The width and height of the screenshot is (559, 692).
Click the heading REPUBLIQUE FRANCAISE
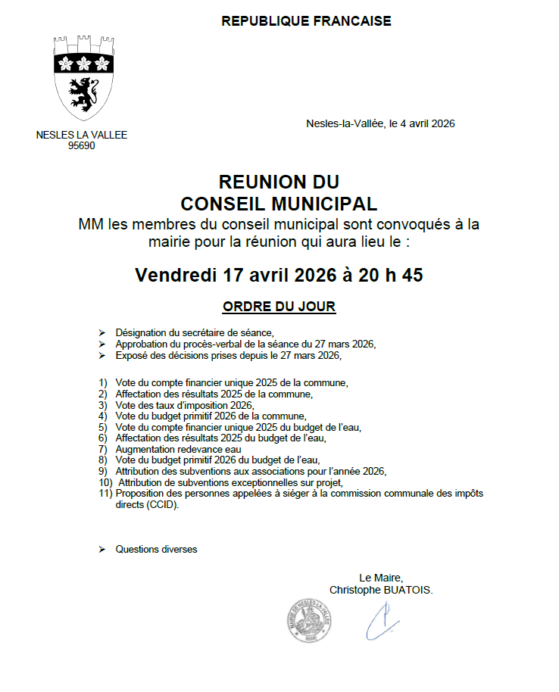(x=306, y=21)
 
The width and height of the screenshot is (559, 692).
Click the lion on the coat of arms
(x=82, y=94)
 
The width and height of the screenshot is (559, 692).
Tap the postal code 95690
(x=82, y=146)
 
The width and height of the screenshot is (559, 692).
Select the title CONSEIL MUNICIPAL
(x=279, y=204)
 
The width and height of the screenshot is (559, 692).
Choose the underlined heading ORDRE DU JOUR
(x=279, y=307)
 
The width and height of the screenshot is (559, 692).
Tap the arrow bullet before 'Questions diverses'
(x=102, y=549)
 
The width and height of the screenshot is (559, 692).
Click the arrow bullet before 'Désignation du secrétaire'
(x=102, y=333)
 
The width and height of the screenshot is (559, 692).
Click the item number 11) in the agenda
(x=105, y=494)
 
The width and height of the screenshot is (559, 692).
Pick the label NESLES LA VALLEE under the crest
(x=82, y=136)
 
